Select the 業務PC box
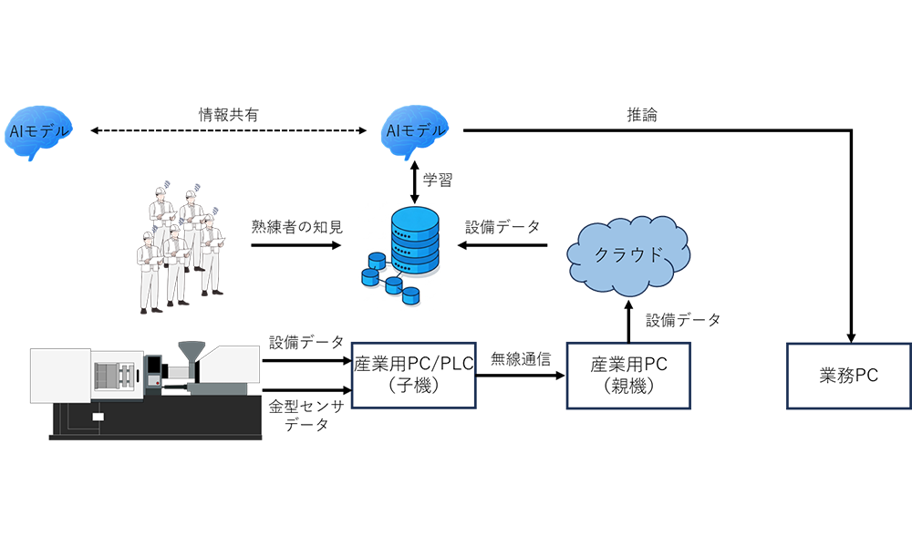pyautogui.click(x=848, y=375)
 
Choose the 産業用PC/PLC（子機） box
pyautogui.click(x=414, y=375)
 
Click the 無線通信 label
pyautogui.click(x=521, y=358)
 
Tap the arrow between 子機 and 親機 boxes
pyautogui.click(x=521, y=374)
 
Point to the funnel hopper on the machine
pyautogui.click(x=191, y=353)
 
